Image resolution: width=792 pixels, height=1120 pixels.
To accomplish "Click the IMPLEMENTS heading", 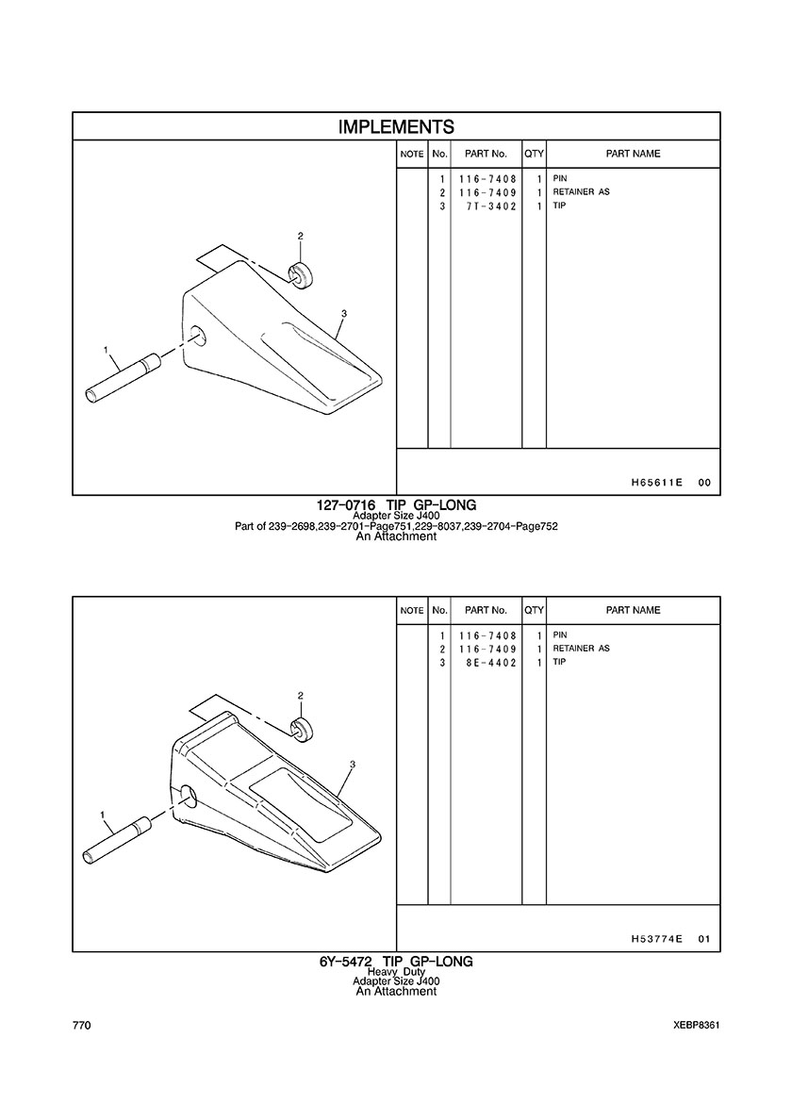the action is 396,127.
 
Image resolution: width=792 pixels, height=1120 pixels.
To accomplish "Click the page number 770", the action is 81,1026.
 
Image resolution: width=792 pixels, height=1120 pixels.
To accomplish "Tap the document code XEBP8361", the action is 697,1026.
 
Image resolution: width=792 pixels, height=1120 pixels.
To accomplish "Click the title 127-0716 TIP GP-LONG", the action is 396,505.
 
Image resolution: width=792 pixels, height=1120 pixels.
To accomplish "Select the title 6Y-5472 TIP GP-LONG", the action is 396,962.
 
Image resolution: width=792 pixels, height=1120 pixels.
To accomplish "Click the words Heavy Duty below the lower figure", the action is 396,972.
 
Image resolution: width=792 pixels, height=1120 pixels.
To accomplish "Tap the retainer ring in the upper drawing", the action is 300,275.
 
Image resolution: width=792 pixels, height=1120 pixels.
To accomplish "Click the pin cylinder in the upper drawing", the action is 123,378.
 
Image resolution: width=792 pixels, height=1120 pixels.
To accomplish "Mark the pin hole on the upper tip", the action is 199,336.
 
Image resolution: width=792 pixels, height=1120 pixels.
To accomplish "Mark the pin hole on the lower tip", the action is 190,795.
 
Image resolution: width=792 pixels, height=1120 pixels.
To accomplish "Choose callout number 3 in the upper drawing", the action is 344,314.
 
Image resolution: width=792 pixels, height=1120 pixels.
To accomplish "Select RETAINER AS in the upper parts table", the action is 582,192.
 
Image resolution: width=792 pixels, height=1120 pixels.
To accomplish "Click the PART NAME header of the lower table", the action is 633,610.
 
